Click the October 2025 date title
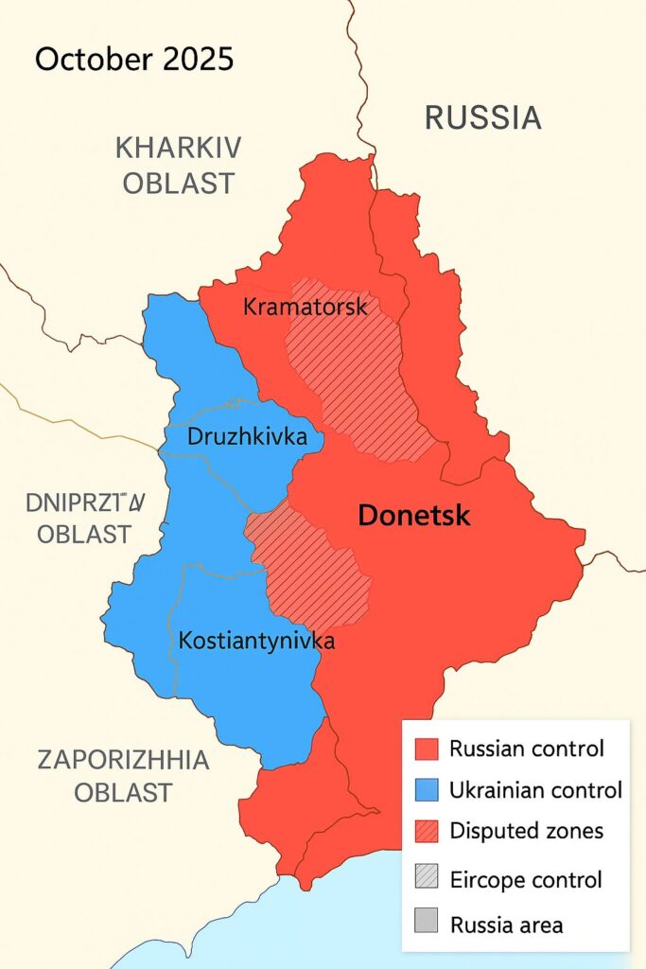(134, 60)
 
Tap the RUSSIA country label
(482, 118)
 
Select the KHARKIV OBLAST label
(178, 165)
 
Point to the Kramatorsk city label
(305, 307)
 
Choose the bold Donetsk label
(414, 516)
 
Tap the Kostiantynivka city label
(256, 641)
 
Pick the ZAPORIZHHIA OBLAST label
(123, 775)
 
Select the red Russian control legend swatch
(428, 749)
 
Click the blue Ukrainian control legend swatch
(428, 790)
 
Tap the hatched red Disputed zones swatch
(428, 832)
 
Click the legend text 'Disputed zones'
(526, 832)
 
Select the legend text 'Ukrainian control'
(535, 790)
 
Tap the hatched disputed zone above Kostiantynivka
(312, 568)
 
